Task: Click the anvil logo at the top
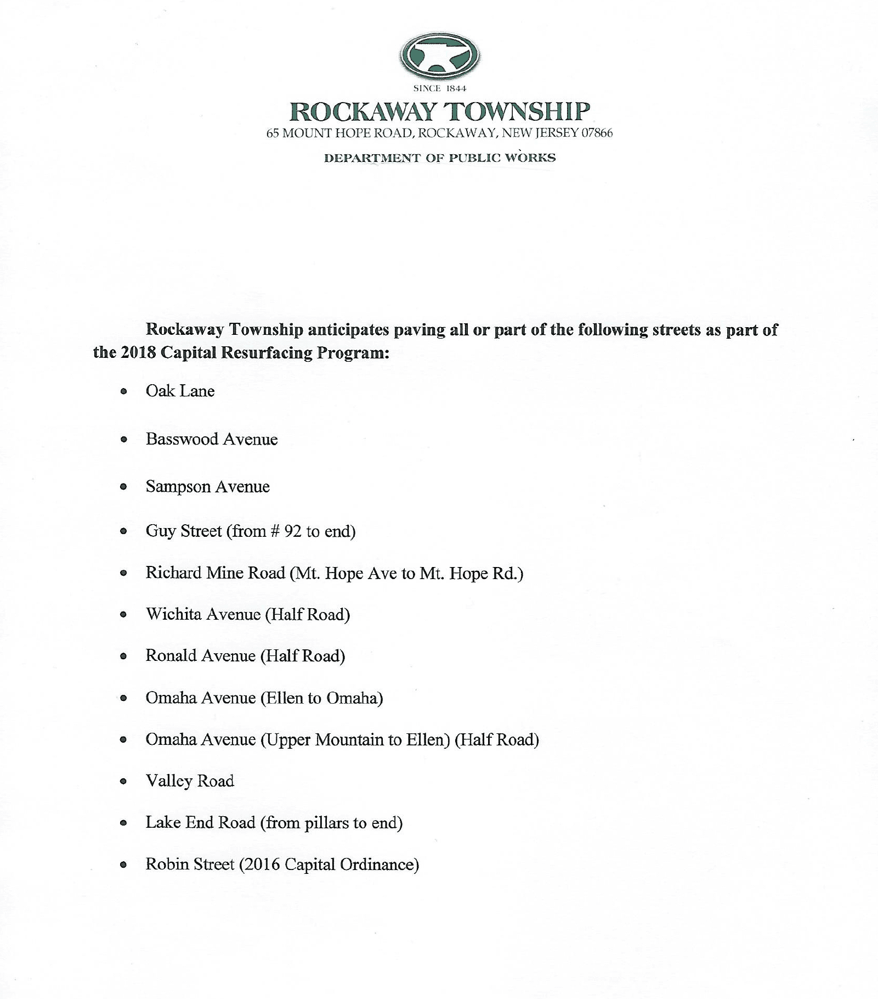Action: (439, 55)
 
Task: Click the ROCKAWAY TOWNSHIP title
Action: (439, 111)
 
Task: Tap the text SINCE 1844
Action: (439, 88)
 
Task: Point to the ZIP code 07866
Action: (597, 133)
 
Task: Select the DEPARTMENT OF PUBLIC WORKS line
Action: (439, 158)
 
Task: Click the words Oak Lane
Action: (180, 391)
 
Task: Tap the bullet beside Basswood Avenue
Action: (124, 439)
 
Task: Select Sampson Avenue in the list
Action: (207, 487)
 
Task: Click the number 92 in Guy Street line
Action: (293, 531)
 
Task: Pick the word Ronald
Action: (171, 656)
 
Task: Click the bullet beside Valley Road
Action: (124, 781)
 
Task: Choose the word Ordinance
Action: (379, 865)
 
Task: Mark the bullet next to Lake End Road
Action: (124, 823)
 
